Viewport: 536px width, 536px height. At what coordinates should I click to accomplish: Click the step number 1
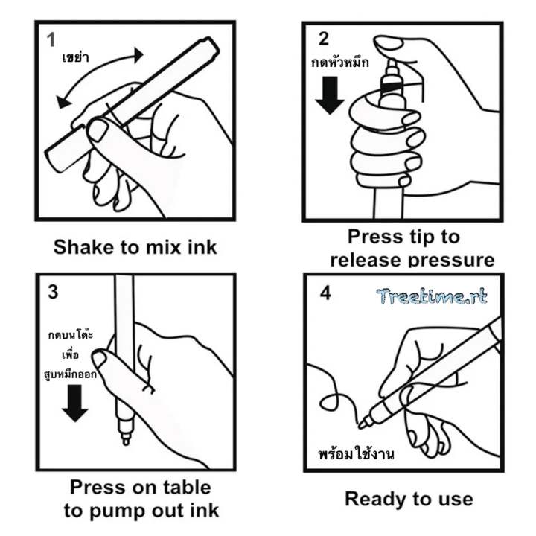click(x=51, y=39)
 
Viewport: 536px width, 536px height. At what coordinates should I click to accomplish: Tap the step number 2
click(x=323, y=39)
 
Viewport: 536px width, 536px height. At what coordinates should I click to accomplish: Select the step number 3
click(x=53, y=292)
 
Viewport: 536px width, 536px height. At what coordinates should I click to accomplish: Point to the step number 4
click(x=325, y=293)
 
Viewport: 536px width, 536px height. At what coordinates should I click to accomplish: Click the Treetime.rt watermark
click(x=432, y=296)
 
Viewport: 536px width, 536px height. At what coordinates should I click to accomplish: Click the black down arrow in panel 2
click(x=330, y=95)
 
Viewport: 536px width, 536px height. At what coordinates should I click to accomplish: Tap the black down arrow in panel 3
click(x=75, y=403)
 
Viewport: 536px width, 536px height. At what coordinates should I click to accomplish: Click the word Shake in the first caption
click(x=83, y=247)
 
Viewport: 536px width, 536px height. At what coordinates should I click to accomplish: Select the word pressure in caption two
click(x=452, y=261)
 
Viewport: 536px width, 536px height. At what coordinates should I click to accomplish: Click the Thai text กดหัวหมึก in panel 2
click(x=340, y=63)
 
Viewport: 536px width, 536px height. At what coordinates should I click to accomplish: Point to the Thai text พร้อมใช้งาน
click(x=356, y=453)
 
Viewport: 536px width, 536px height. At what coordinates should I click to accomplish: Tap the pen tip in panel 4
click(x=363, y=424)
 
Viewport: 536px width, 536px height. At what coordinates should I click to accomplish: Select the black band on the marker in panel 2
click(x=392, y=87)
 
